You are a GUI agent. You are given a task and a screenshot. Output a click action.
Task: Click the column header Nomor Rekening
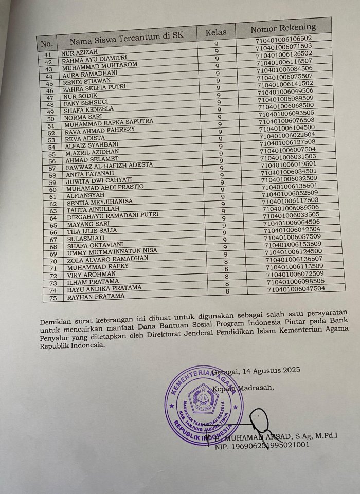[283, 28]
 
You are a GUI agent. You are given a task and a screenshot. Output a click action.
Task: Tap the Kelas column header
[216, 33]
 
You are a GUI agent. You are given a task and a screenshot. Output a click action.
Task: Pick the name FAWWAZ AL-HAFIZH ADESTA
[107, 166]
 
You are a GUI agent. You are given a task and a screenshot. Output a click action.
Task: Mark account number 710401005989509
[284, 98]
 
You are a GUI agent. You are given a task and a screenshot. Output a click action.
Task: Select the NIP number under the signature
[262, 445]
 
